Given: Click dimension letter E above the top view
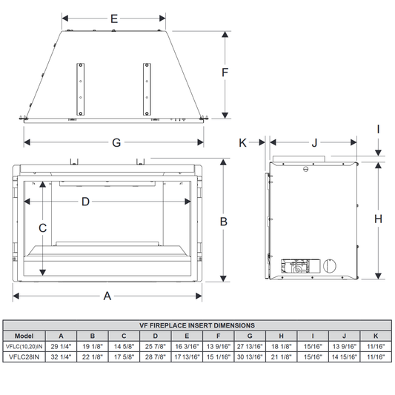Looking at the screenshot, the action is pyautogui.click(x=114, y=19).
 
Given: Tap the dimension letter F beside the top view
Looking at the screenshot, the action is pyautogui.click(x=225, y=73).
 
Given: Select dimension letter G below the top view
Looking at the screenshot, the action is pyautogui.click(x=116, y=142).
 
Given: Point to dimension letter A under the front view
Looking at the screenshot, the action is pyautogui.click(x=107, y=296).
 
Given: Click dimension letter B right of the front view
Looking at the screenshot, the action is pyautogui.click(x=224, y=222).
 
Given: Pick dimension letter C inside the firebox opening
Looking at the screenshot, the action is pyautogui.click(x=42, y=228).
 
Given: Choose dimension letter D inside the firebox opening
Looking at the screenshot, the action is pyautogui.click(x=85, y=202).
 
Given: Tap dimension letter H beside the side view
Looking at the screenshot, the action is pyautogui.click(x=378, y=219).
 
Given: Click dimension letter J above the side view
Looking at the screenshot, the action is pyautogui.click(x=314, y=143).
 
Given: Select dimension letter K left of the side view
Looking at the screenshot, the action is pyautogui.click(x=242, y=143).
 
